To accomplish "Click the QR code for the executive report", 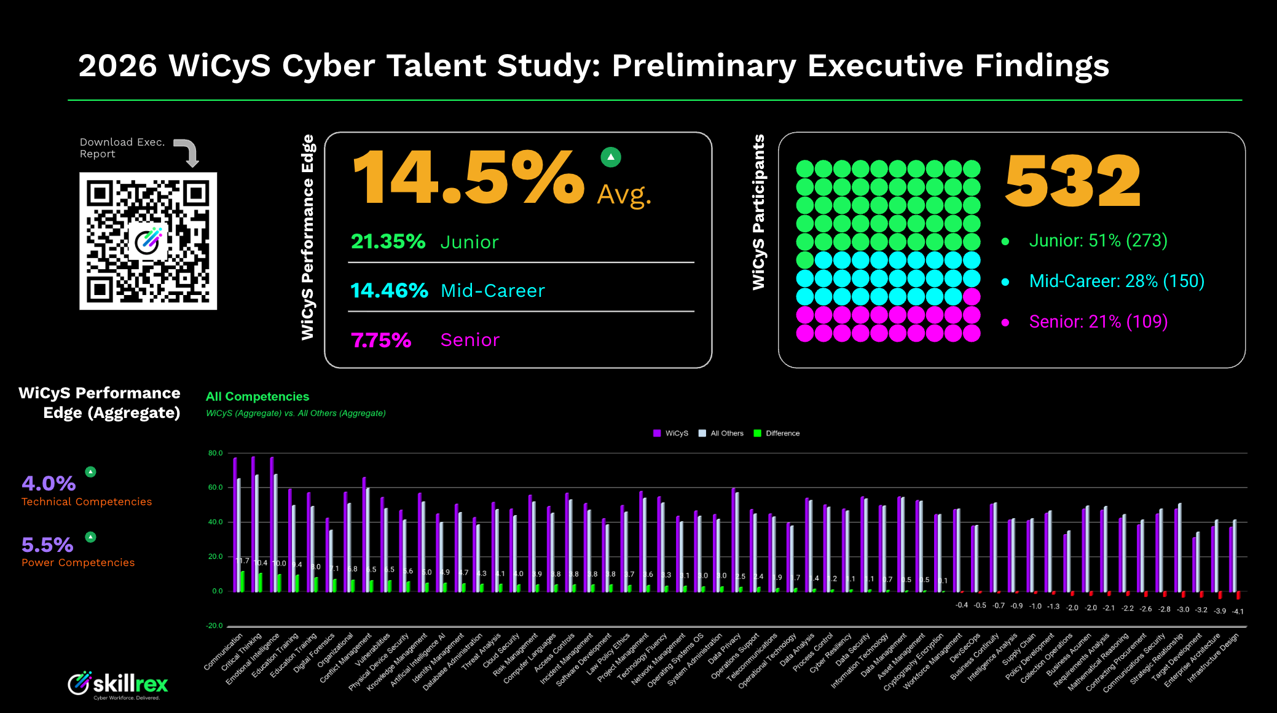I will click(x=148, y=241).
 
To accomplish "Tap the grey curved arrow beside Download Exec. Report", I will click(x=188, y=151).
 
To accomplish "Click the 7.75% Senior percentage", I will click(x=381, y=340).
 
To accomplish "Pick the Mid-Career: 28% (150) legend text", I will click(x=1117, y=282).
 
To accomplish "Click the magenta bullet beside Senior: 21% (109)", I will click(x=1005, y=322).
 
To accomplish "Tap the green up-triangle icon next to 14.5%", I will click(x=610, y=157).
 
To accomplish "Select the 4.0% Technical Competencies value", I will click(x=49, y=484).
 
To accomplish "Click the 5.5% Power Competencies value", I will click(x=47, y=545).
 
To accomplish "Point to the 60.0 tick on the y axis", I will click(x=215, y=487).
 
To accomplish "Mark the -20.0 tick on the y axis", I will click(x=214, y=626).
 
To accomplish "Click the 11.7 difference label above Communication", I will click(x=243, y=561).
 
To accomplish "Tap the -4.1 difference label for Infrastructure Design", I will click(x=1238, y=612).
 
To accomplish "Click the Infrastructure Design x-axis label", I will click(x=1214, y=658).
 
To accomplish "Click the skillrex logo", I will click(x=117, y=684).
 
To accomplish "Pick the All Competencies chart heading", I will click(x=257, y=396).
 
